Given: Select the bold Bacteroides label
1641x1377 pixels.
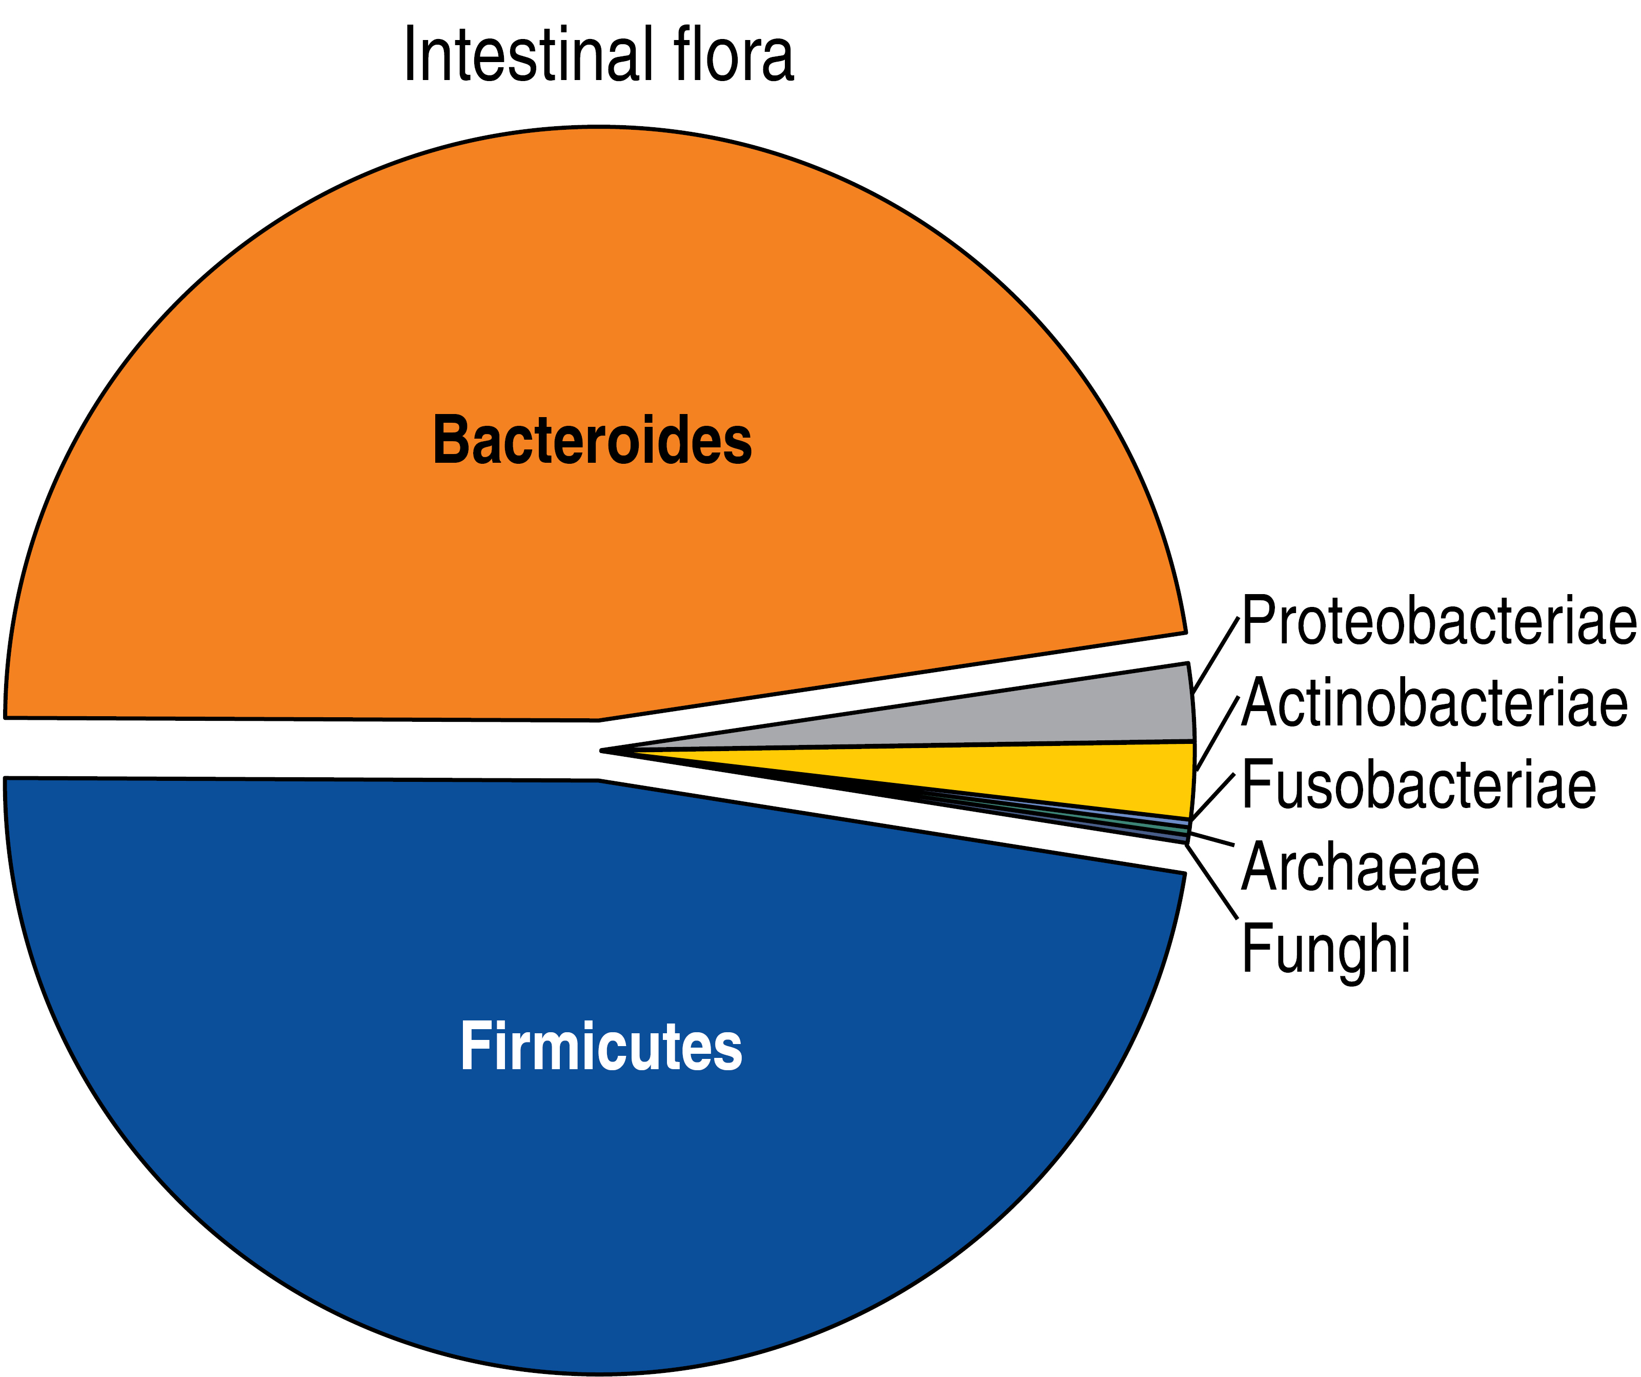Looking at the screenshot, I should coord(592,440).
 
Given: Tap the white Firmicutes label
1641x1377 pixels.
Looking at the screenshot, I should coord(600,1046).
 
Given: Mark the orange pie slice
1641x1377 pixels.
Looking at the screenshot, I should coord(594,313).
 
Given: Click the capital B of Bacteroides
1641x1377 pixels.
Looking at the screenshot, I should coord(452,440).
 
